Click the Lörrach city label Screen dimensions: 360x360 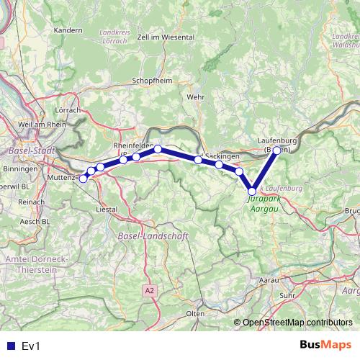67,111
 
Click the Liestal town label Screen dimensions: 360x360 107,209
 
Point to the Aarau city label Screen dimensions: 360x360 269,278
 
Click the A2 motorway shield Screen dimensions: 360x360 149,290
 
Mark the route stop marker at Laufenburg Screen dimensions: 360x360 277,151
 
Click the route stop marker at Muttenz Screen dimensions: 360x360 84,179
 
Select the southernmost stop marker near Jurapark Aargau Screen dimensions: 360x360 252,191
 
